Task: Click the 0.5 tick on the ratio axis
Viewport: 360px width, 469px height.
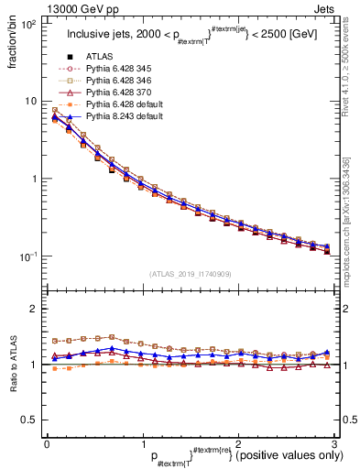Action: [29, 420]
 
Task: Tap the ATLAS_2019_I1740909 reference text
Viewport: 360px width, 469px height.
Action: [190, 274]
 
